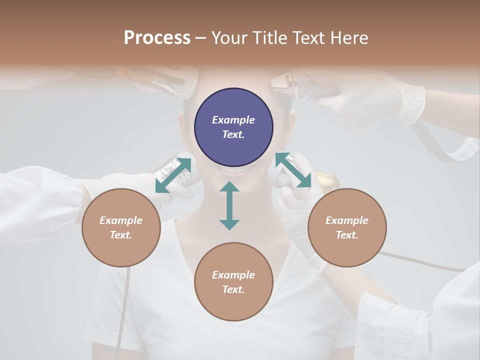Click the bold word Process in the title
157,38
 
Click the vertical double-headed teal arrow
229,205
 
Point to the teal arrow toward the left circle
173,175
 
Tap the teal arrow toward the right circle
293,170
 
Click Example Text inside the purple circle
233,127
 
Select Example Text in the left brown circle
121,227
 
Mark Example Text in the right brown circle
347,227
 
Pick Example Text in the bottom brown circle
233,282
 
